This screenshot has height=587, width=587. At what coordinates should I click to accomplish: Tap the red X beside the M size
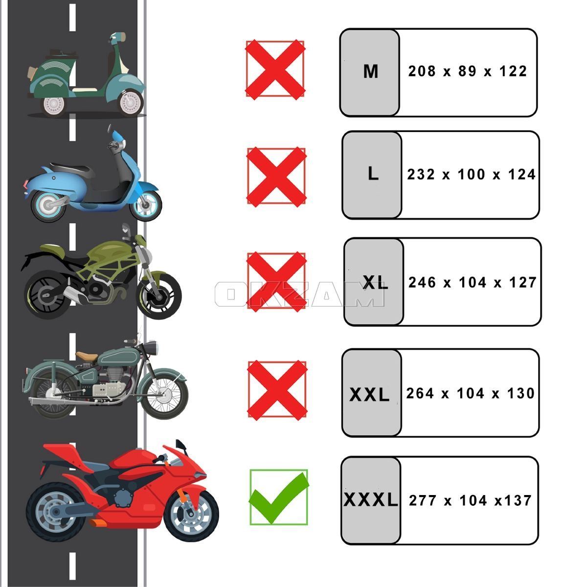pyautogui.click(x=275, y=70)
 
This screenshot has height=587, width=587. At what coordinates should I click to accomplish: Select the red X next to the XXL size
pyautogui.click(x=277, y=390)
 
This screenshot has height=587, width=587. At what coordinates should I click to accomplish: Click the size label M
pyautogui.click(x=371, y=72)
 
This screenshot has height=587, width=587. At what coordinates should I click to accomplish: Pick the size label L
pyautogui.click(x=373, y=174)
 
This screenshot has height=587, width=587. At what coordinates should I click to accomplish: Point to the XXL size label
pyautogui.click(x=369, y=395)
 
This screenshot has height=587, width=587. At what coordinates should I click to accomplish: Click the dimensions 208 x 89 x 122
pyautogui.click(x=467, y=71)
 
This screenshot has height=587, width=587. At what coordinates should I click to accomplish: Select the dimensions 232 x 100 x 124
pyautogui.click(x=471, y=175)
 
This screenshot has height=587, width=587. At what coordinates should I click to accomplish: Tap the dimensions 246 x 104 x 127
pyautogui.click(x=472, y=282)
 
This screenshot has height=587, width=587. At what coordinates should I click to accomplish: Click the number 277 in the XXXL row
pyautogui.click(x=422, y=500)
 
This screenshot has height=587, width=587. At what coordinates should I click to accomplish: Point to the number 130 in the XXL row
pyautogui.click(x=521, y=393)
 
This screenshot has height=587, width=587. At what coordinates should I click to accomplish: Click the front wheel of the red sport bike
pyautogui.click(x=191, y=514)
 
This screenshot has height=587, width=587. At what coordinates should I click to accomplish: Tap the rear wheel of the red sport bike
pyautogui.click(x=56, y=512)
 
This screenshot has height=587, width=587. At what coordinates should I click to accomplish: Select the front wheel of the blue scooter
pyautogui.click(x=146, y=204)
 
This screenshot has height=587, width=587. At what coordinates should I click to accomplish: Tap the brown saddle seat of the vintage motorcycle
pyautogui.click(x=87, y=356)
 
